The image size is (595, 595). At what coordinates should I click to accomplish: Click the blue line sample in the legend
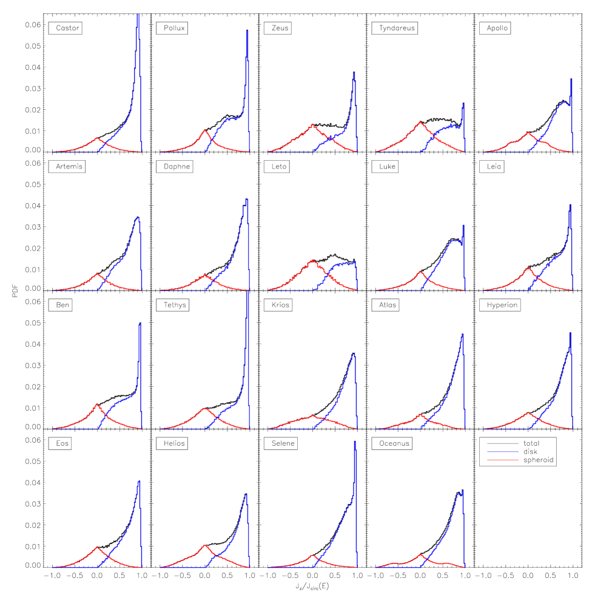502,451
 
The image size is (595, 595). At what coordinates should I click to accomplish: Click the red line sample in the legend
502,460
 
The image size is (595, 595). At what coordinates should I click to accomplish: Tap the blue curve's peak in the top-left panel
138,14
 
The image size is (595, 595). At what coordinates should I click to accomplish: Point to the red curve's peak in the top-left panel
97,138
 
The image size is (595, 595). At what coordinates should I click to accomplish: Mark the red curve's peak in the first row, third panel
312,125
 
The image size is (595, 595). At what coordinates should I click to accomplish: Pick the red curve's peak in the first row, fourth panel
420,122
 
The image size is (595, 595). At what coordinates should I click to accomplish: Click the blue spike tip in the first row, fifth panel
571,79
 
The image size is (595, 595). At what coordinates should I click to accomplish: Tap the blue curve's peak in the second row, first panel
138,217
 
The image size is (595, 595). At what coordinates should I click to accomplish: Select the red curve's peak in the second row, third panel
312,260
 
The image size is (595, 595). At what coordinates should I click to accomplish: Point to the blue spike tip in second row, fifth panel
570,205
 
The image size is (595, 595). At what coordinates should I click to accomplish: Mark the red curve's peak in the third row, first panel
97,404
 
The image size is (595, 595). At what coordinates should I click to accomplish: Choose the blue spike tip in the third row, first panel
140,323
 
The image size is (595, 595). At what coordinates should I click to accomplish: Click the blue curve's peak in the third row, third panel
354,354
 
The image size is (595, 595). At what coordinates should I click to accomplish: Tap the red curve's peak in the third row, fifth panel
528,413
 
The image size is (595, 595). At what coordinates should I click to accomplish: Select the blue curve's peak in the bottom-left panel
139,481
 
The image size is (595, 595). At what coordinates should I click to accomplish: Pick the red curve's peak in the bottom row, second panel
205,545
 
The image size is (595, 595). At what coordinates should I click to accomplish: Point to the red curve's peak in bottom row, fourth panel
420,554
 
